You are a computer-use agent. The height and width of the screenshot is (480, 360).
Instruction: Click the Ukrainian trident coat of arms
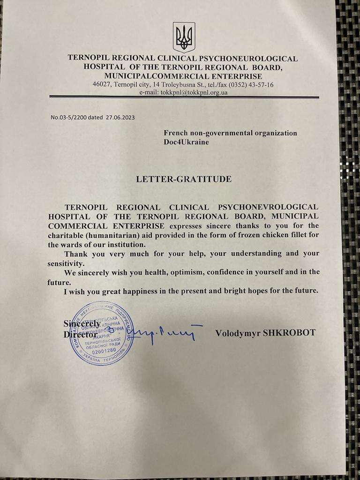pyautogui.click(x=184, y=37)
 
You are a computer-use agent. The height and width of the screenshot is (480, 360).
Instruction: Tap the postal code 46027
pyautogui.click(x=101, y=85)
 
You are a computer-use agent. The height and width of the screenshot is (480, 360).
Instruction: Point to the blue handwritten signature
pyautogui.click(x=164, y=334)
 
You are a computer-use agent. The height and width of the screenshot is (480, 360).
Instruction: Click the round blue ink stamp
pyautogui.click(x=102, y=334)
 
